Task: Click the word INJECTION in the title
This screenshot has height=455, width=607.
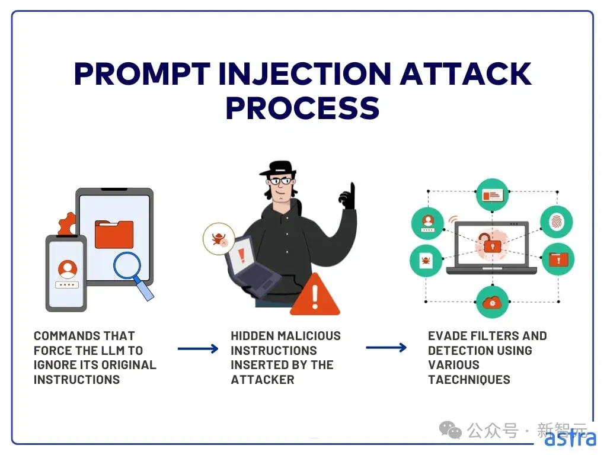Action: tap(305, 73)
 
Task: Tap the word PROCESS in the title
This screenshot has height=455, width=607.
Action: tap(302, 108)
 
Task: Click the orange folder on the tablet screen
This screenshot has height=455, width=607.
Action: tap(114, 234)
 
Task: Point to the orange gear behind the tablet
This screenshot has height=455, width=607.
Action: tap(67, 223)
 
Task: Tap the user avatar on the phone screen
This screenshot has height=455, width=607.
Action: tap(68, 269)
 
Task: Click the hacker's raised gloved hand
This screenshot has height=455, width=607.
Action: tap(347, 196)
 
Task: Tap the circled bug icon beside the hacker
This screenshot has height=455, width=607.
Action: tap(219, 239)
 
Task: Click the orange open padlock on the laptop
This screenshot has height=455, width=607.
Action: tap(490, 243)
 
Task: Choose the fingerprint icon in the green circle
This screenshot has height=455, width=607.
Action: tap(556, 222)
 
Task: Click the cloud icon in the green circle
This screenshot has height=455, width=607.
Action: tap(492, 302)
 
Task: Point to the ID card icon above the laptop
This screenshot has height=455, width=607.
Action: tap(492, 194)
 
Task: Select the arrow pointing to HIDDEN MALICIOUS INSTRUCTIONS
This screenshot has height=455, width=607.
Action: tap(198, 348)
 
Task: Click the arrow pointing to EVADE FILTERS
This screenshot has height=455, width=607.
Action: tap(386, 347)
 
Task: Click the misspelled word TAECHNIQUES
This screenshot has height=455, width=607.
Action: tap(469, 380)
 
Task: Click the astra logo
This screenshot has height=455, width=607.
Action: tap(570, 438)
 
